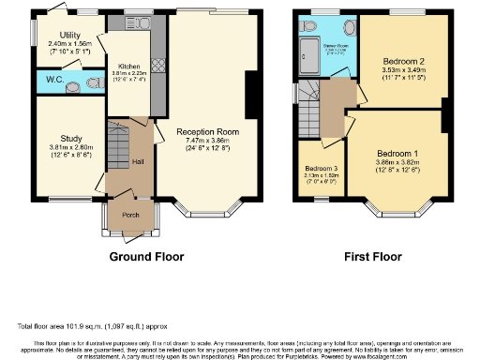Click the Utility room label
click(x=57, y=34)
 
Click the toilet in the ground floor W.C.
click(x=92, y=82)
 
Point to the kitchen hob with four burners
click(x=157, y=67)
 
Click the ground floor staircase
click(x=118, y=146)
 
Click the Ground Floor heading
click(x=146, y=256)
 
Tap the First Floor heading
click(x=372, y=256)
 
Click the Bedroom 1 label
click(x=397, y=153)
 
